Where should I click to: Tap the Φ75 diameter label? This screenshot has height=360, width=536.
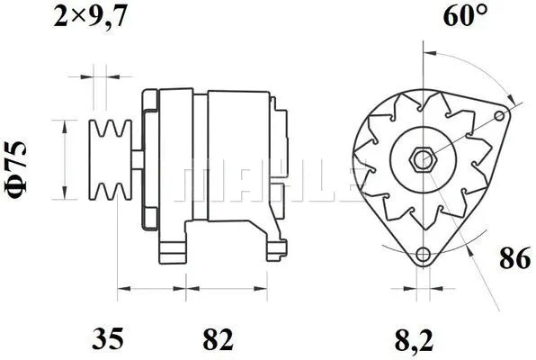[x=22, y=160]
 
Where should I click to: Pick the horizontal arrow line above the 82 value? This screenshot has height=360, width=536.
[x=215, y=290]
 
